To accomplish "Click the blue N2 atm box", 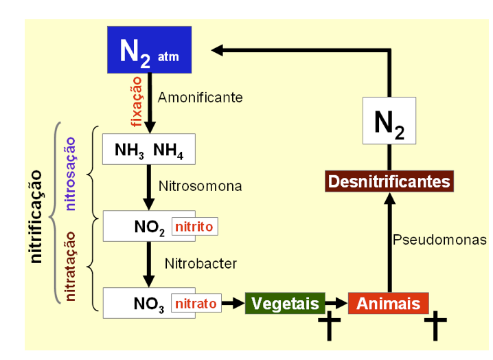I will (x=148, y=50).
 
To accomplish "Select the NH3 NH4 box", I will (x=148, y=149).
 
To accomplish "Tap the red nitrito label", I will (x=195, y=226).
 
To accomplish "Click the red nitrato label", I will (x=196, y=302).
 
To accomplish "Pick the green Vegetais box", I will (x=284, y=303).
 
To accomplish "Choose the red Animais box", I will (x=389, y=303).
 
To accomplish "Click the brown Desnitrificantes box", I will (x=389, y=181).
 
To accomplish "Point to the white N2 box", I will (x=389, y=120).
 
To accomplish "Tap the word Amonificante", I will (x=200, y=98).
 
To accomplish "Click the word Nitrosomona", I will (x=200, y=185).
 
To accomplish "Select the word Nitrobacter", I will (x=200, y=262).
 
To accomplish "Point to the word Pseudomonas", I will (x=440, y=240).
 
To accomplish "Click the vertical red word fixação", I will (x=136, y=101).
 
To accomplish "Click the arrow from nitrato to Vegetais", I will (x=233, y=303).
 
